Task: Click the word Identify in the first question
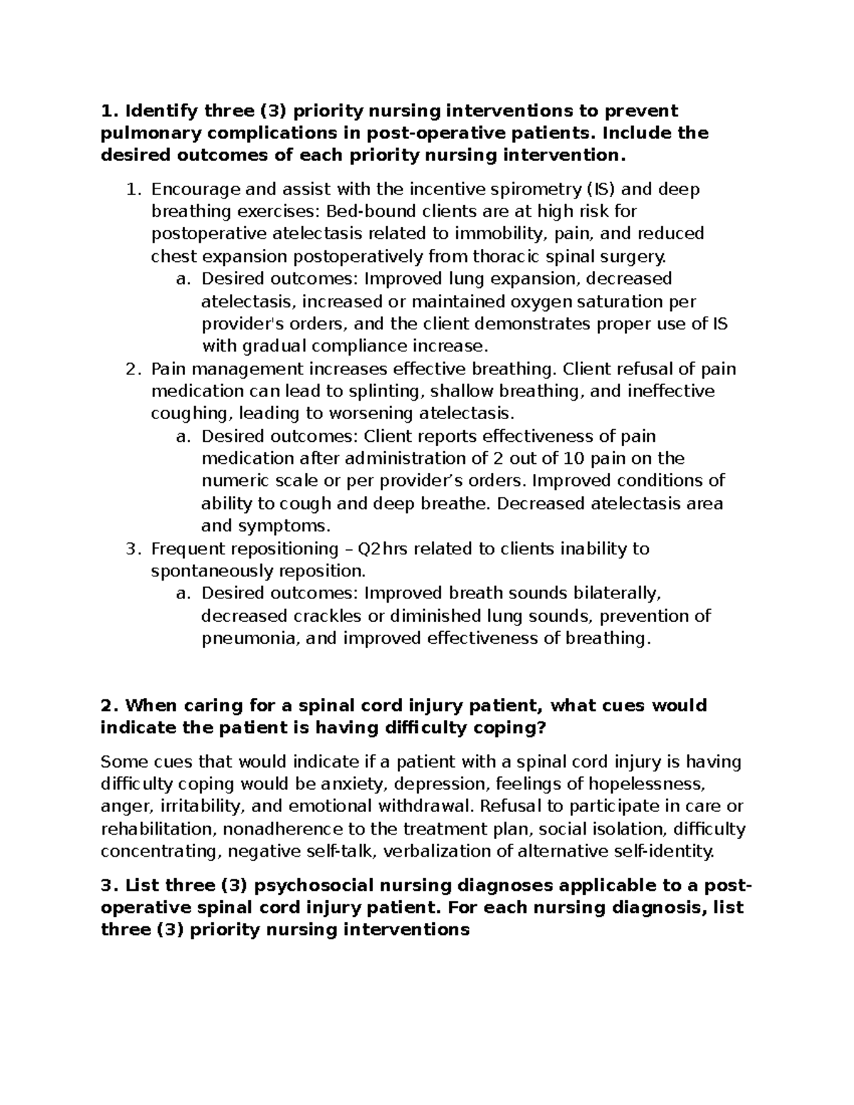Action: [161, 111]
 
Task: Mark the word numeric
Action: [235, 481]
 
